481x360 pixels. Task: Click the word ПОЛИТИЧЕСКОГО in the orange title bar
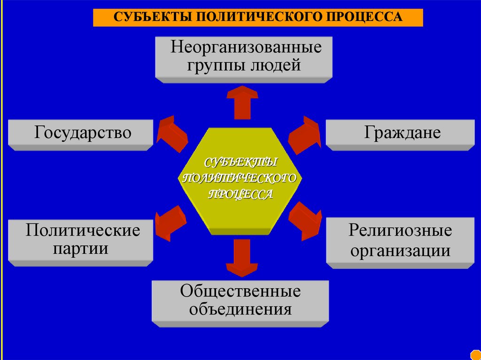[x=256, y=17]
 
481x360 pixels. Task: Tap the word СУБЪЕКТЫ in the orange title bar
[x=151, y=17]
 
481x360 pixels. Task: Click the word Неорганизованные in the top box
[x=246, y=48]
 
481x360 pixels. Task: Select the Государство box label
[x=82, y=133]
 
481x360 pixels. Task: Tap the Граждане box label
[x=402, y=133]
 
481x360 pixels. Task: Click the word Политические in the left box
[x=83, y=230]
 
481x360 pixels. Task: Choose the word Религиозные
[x=400, y=230]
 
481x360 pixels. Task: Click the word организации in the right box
[x=400, y=250]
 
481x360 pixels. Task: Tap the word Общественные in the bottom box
[x=240, y=291]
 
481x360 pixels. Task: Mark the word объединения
[x=240, y=310]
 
